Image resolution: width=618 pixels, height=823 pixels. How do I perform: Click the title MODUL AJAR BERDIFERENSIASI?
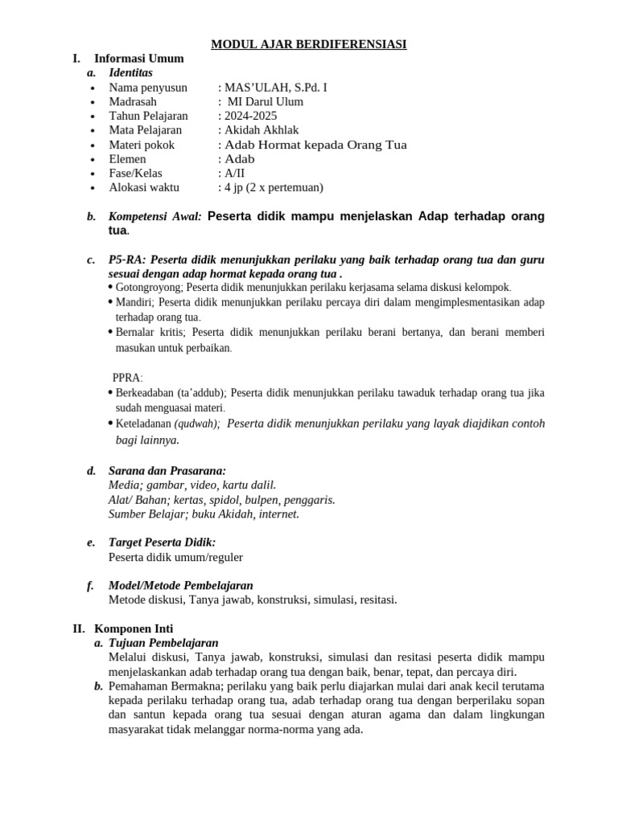point(308,44)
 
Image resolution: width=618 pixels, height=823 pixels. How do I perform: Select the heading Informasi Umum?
point(138,59)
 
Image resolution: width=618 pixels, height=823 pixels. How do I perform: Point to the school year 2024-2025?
point(249,117)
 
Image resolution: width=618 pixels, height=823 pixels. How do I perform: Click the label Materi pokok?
point(142,145)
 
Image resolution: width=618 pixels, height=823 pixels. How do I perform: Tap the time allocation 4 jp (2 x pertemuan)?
point(273,188)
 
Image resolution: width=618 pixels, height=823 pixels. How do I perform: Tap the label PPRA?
point(127,378)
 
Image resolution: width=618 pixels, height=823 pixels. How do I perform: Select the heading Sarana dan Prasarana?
point(167,471)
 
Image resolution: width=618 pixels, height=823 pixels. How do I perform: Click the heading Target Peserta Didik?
point(162,543)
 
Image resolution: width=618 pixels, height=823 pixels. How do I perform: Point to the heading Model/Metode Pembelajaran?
point(180,586)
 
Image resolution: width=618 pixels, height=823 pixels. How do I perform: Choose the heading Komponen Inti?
point(134,629)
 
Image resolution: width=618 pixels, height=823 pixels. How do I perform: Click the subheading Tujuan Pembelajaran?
point(163,643)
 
